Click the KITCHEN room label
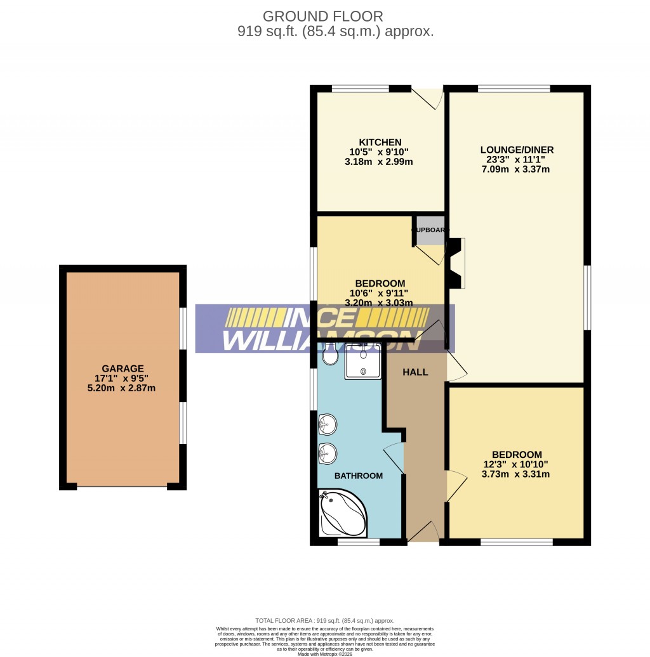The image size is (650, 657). pyautogui.click(x=380, y=142)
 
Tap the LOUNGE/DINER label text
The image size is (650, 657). pyautogui.click(x=517, y=150)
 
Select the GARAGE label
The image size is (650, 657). pyautogui.click(x=123, y=368)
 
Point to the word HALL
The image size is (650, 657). pyautogui.click(x=415, y=372)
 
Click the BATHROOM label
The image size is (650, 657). pyautogui.click(x=359, y=476)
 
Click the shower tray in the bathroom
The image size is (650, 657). pyautogui.click(x=362, y=361)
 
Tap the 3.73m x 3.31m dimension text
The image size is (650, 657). pyautogui.click(x=517, y=474)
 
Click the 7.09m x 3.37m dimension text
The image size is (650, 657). pyautogui.click(x=517, y=169)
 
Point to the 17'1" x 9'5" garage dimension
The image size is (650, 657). pyautogui.click(x=123, y=378)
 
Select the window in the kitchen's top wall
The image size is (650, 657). pyautogui.click(x=360, y=89)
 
